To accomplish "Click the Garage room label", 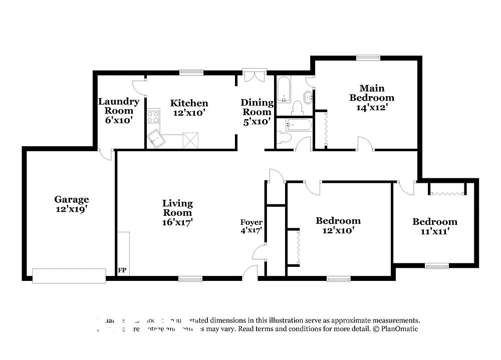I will click(x=72, y=199).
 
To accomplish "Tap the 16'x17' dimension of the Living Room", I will click(x=177, y=222).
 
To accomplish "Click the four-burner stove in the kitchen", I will click(x=153, y=117).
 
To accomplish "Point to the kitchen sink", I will click(x=156, y=138).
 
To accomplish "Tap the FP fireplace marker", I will click(x=122, y=270).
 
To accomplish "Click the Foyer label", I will click(x=252, y=222).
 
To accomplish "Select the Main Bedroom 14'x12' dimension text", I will click(x=371, y=107).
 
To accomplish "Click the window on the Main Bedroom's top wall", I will click(x=368, y=58).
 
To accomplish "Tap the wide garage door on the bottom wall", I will click(x=69, y=276).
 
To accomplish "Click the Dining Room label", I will click(x=257, y=107).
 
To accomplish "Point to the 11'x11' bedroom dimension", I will click(x=434, y=231).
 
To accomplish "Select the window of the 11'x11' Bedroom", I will click(x=436, y=266).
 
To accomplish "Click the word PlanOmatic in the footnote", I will click(x=399, y=329).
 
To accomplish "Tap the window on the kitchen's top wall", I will click(x=191, y=73).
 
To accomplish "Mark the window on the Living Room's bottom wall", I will click(x=190, y=279).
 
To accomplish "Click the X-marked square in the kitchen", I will click(x=191, y=141).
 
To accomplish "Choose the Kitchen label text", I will click(x=189, y=103).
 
